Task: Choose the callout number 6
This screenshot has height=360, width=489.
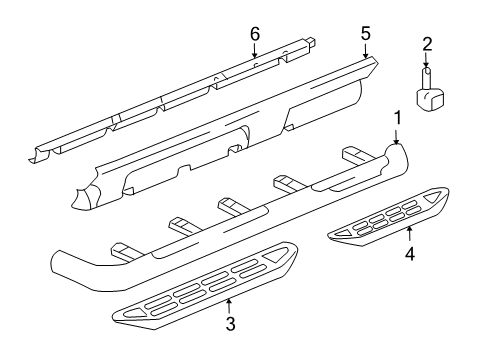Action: [254, 33]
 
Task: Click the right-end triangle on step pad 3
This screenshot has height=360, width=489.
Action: [274, 285]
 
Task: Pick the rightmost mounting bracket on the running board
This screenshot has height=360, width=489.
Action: [354, 157]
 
